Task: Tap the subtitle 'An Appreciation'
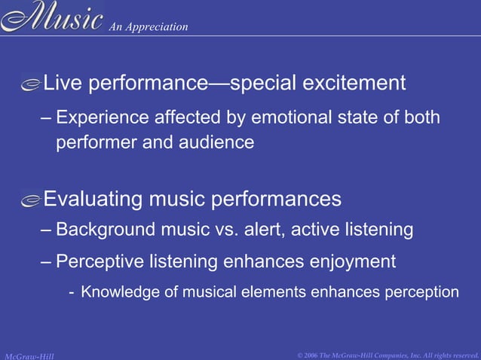(x=149, y=27)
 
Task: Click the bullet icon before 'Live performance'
(x=31, y=85)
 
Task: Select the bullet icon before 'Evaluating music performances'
(x=31, y=201)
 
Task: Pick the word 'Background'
(x=100, y=229)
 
